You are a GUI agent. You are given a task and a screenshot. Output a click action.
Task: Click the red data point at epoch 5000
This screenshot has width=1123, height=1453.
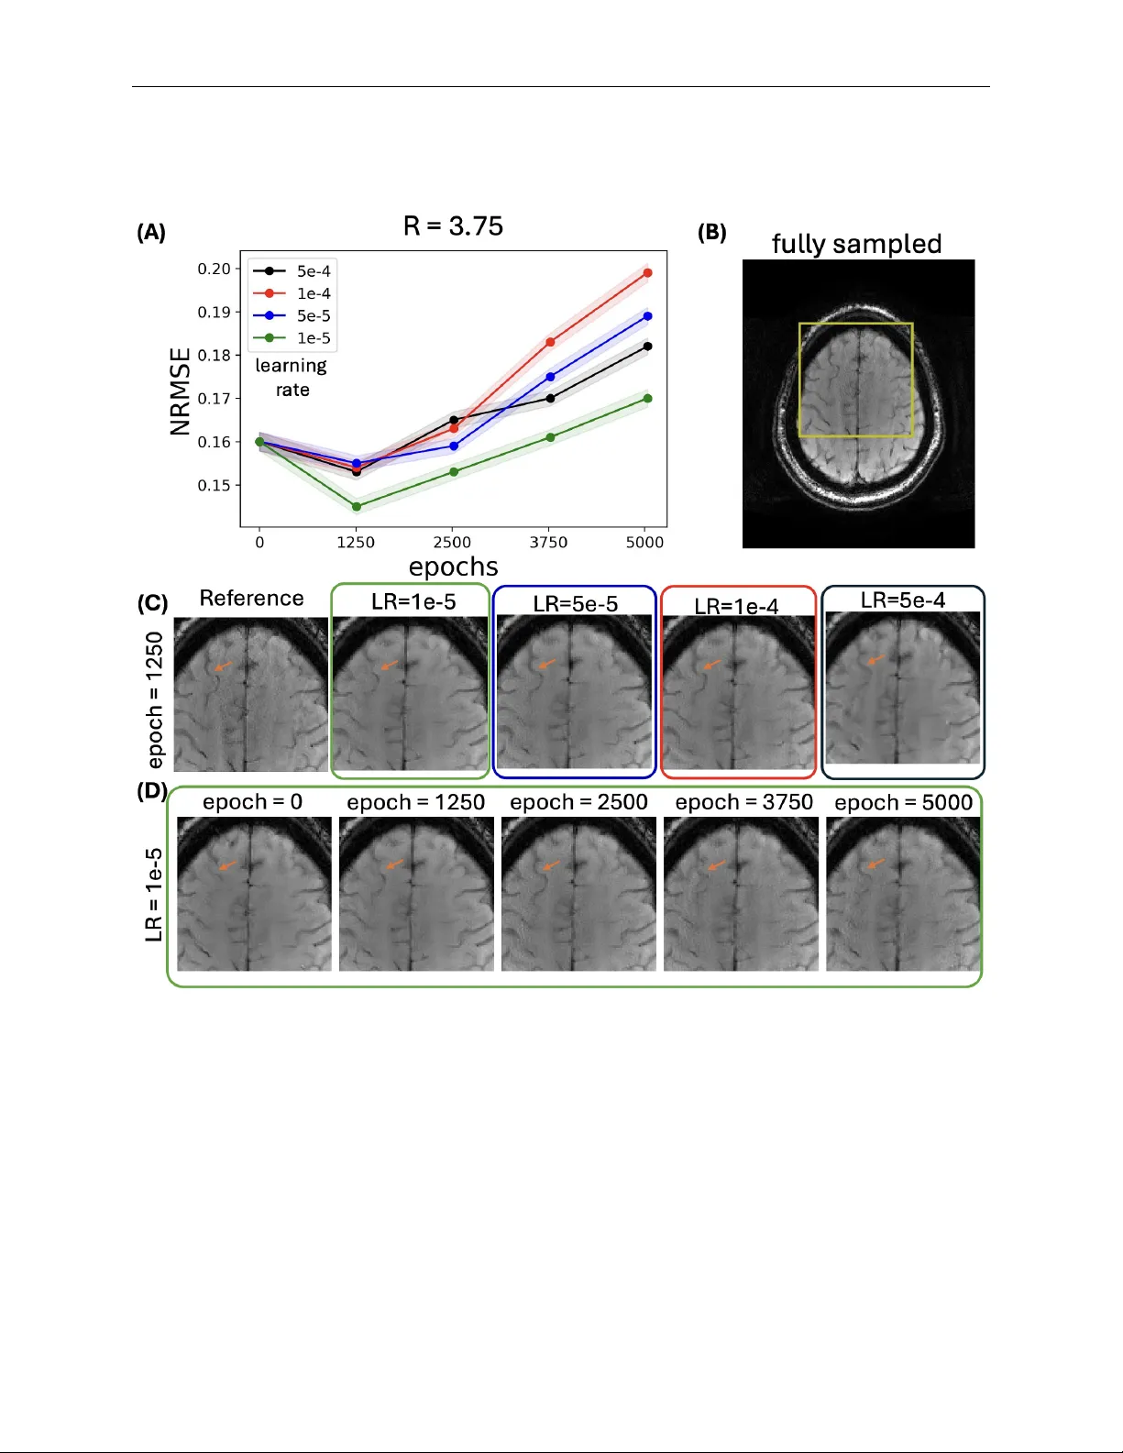pos(647,273)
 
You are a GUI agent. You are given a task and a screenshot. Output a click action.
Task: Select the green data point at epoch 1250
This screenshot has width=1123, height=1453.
pos(357,506)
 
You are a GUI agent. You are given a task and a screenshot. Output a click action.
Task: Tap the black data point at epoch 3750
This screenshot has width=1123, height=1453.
pos(550,398)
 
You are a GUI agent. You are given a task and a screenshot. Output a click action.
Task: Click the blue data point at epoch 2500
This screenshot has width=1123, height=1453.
pos(454,446)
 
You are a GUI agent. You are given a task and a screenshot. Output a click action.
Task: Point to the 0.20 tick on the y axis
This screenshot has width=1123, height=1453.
pos(214,269)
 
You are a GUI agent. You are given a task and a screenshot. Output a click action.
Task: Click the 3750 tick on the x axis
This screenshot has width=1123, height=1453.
pos(548,543)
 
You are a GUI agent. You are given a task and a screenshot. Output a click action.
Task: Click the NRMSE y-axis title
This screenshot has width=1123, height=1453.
pos(181,391)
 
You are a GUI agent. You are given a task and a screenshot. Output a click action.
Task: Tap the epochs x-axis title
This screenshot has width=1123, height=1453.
pos(453,567)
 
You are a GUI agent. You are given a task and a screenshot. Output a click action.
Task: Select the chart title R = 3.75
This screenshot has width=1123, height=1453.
pos(453,226)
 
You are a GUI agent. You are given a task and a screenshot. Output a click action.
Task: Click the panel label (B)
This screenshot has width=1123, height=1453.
pos(711,232)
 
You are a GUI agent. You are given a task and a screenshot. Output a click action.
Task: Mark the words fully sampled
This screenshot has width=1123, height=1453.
pos(856,244)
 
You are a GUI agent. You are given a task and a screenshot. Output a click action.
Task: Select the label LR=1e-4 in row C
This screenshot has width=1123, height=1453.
pos(736,607)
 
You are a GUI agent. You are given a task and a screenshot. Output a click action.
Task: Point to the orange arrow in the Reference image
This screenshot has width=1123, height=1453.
pos(223,666)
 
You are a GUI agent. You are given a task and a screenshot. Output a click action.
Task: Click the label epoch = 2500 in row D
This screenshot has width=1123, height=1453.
pos(578,802)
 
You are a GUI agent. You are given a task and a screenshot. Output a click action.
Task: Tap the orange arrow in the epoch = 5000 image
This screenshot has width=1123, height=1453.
pos(875,864)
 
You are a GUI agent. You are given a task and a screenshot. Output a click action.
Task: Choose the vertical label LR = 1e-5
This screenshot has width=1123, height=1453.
pos(154,895)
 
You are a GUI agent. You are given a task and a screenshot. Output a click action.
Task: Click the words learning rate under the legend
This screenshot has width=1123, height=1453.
pos(291,378)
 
